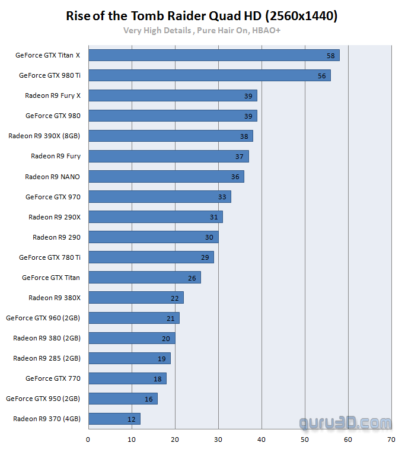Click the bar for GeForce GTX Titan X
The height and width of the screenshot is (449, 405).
pyautogui.click(x=213, y=55)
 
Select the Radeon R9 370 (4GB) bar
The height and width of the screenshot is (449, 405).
pyautogui.click(x=114, y=419)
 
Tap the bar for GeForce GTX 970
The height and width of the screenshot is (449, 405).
pyautogui.click(x=159, y=197)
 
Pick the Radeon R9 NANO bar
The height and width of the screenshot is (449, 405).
pyautogui.click(x=165, y=177)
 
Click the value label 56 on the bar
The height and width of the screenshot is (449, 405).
pyautogui.click(x=322, y=76)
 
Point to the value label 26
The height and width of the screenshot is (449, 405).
pyautogui.click(x=192, y=278)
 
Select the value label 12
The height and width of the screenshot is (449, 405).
pyautogui.click(x=131, y=419)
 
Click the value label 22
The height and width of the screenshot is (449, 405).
pyautogui.click(x=174, y=298)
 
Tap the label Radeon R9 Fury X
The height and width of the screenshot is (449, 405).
pyautogui.click(x=53, y=95)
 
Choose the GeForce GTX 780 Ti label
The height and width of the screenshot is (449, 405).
pyautogui.click(x=50, y=257)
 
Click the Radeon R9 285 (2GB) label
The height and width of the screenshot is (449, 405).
pyautogui.click(x=47, y=358)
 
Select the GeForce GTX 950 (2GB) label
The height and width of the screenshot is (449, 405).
pyautogui.click(x=43, y=399)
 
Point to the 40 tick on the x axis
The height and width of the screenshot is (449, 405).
pyautogui.click(x=261, y=440)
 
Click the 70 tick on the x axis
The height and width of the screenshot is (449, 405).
pyautogui.click(x=391, y=440)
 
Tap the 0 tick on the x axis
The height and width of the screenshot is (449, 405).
pyautogui.click(x=88, y=440)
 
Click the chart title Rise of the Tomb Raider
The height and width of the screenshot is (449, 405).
pyautogui.click(x=202, y=16)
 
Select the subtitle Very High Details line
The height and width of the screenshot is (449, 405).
pyautogui.click(x=202, y=30)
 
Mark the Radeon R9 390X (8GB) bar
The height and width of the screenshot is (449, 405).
pyautogui.click(x=170, y=136)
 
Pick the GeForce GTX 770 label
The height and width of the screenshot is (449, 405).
pyautogui.click(x=53, y=378)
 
